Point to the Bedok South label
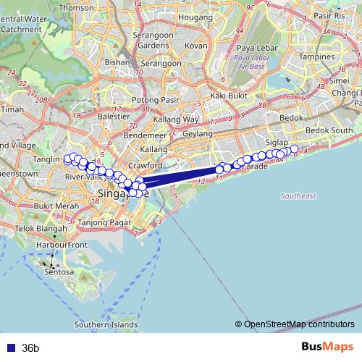pos(328,130)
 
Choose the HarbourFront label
pos(62,245)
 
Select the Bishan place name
pos(117,62)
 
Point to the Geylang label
pos(198,134)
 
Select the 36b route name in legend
pos(30,348)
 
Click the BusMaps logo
pos(327,348)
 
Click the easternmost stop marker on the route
pos(294,150)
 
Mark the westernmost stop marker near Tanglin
pos(67,159)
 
